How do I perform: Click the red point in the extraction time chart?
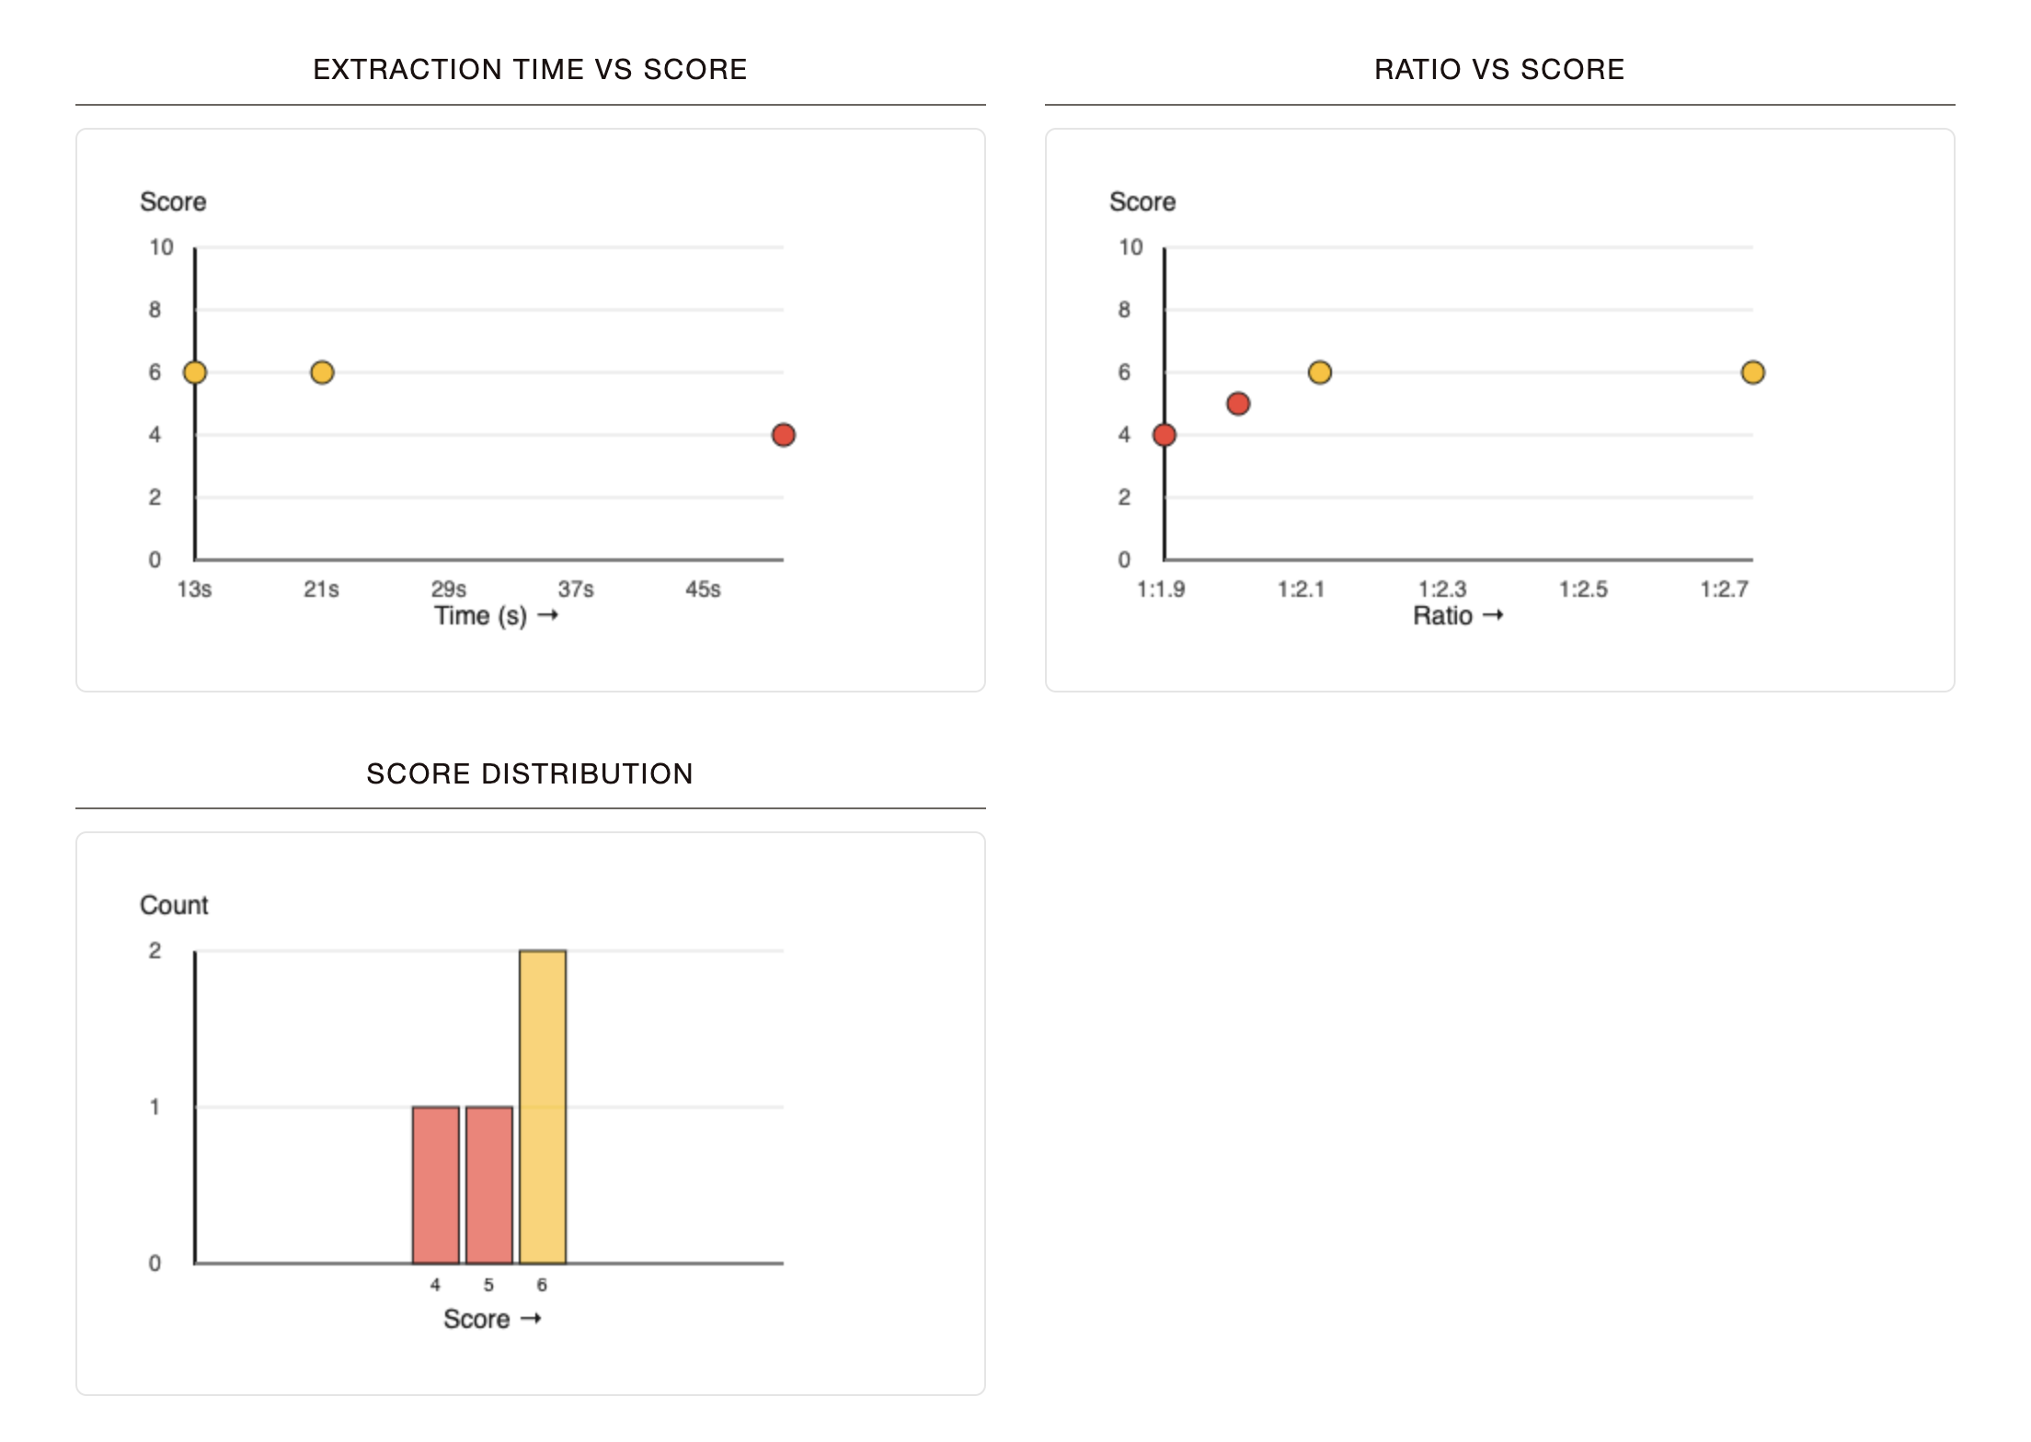point(783,435)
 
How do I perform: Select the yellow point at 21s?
point(322,372)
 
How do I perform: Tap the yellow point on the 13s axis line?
point(195,372)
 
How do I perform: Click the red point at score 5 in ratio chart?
point(1238,404)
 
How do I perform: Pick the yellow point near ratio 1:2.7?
point(1752,372)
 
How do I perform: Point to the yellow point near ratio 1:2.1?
point(1319,372)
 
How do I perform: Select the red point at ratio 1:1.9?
point(1165,435)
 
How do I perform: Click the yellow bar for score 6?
point(543,1106)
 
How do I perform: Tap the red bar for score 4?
point(435,1184)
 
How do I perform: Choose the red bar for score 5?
point(489,1184)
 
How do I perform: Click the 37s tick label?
point(576,589)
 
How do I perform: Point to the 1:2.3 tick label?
point(1441,589)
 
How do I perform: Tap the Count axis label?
point(174,905)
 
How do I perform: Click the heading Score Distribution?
point(530,773)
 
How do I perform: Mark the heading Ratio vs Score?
point(1499,70)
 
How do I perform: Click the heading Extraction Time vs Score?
point(530,70)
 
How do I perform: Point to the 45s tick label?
point(703,589)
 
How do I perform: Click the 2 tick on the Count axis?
point(155,951)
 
